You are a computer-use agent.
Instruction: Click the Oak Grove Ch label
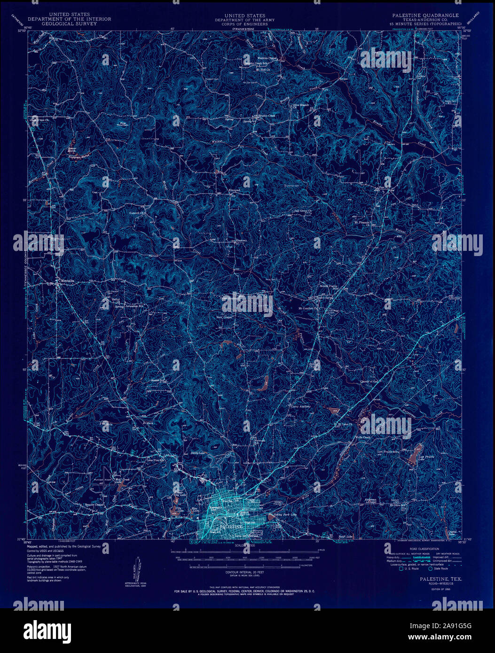coord(296,211)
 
